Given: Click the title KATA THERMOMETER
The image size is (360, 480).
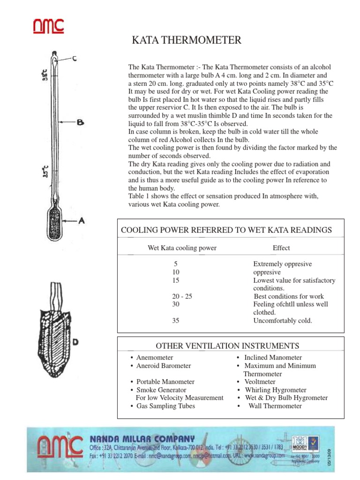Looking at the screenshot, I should (x=187, y=40).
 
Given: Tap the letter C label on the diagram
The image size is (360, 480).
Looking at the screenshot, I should (x=74, y=58).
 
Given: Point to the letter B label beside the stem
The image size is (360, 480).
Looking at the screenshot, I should (x=81, y=123).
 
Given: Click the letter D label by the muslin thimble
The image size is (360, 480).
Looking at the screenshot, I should (x=75, y=342).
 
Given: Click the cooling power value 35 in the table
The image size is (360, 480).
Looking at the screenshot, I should (x=176, y=321).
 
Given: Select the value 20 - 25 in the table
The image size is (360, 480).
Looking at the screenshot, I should (x=182, y=296).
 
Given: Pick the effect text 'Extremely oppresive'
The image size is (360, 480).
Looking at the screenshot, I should (x=282, y=264).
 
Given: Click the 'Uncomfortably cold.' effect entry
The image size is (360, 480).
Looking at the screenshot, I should (x=282, y=321).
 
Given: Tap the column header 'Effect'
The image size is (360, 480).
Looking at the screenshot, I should (x=281, y=247).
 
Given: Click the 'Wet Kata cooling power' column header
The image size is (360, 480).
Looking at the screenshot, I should (x=182, y=248).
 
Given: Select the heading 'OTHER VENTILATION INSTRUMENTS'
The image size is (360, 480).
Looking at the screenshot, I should (x=227, y=346).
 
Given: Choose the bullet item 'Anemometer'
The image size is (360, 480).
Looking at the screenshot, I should (x=155, y=358).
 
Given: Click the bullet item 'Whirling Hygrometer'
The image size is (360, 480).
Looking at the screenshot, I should (x=275, y=390).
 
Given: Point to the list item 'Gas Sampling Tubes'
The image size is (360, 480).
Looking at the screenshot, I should (x=165, y=406).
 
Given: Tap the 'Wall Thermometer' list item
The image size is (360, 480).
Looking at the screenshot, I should (x=275, y=406).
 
